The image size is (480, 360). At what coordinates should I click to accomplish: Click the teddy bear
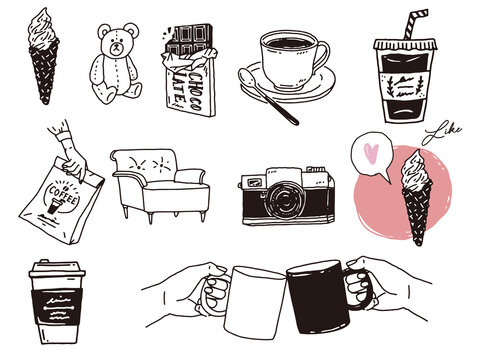pos(114,66)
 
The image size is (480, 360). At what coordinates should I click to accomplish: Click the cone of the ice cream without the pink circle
pos(44,76)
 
